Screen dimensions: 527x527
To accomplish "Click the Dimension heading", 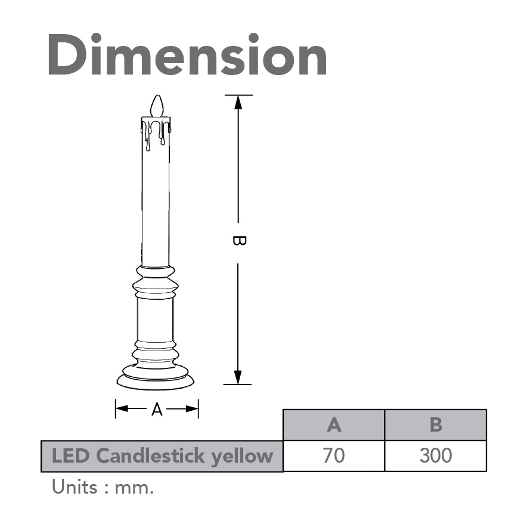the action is tap(188, 55).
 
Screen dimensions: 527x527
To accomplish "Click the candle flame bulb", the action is tap(157, 106).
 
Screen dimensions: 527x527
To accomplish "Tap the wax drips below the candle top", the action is tap(156, 134).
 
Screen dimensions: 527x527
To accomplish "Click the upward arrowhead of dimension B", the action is tap(238, 102).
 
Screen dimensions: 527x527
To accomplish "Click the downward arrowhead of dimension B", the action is tap(238, 377).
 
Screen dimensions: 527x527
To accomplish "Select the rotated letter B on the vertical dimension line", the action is tap(239, 241).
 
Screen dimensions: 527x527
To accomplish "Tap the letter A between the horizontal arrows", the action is tap(157, 410).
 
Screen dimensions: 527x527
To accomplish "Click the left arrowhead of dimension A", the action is tap(122, 409).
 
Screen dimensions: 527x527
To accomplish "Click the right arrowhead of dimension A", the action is tap(192, 409).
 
